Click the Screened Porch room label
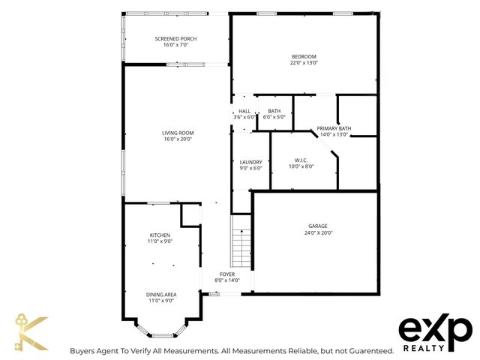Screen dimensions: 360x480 click(175, 39)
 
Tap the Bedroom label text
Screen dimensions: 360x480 click(304, 57)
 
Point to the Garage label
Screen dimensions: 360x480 click(317, 226)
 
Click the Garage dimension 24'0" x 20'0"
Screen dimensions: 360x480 click(317, 232)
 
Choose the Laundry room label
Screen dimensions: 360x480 click(250, 162)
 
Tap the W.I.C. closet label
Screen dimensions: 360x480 click(301, 160)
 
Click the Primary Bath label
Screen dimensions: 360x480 click(334, 129)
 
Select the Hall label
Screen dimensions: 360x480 click(244, 111)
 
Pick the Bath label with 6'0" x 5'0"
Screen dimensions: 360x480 click(274, 111)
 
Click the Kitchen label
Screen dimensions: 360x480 click(160, 235)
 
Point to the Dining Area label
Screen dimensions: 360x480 click(160, 294)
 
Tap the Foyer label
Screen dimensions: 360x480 click(227, 274)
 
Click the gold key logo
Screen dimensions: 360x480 click(31, 333)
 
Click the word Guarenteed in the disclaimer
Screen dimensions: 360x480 click(367, 350)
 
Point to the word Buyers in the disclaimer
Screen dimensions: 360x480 click(85, 350)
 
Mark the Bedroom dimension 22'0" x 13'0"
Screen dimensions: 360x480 click(304, 64)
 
